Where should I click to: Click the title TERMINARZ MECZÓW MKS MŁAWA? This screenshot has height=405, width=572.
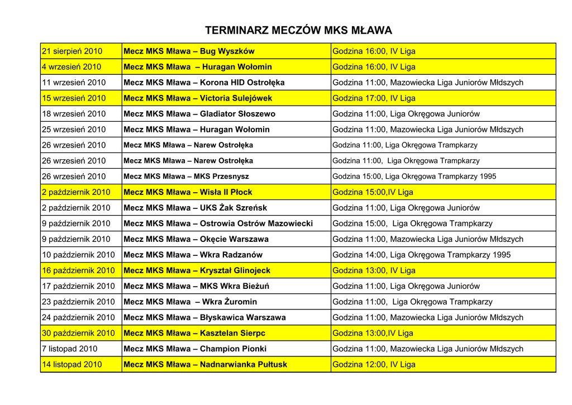pyautogui.click(x=299, y=30)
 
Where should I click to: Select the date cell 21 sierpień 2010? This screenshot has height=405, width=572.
pyautogui.click(x=73, y=51)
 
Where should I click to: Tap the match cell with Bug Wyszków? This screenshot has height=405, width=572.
pyautogui.click(x=189, y=51)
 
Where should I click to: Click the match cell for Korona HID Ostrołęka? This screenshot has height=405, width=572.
pyautogui.click(x=204, y=83)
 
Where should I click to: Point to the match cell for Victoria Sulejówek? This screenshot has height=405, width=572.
pyautogui.click(x=198, y=98)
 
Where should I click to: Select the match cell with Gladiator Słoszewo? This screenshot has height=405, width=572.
pyautogui.click(x=199, y=114)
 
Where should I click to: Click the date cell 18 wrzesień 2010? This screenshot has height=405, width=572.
pyautogui.click(x=74, y=114)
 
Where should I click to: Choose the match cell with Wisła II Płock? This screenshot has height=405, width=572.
pyautogui.click(x=188, y=192)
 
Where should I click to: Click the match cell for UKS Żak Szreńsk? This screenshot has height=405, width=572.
pyautogui.click(x=195, y=208)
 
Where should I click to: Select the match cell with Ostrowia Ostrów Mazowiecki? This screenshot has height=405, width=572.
pyautogui.click(x=218, y=223)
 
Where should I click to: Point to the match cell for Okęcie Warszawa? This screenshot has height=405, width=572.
pyautogui.click(x=196, y=239)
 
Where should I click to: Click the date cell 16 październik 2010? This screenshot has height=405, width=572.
pyautogui.click(x=79, y=270)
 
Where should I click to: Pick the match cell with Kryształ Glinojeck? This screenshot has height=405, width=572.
pyautogui.click(x=197, y=270)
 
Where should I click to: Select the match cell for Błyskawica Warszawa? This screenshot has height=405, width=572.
pyautogui.click(x=204, y=317)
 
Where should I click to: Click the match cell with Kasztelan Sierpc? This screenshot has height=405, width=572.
pyautogui.click(x=194, y=333)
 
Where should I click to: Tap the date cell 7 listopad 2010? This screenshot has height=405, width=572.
pyautogui.click(x=70, y=349)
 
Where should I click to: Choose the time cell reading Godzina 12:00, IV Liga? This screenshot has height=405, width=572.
pyautogui.click(x=374, y=364)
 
